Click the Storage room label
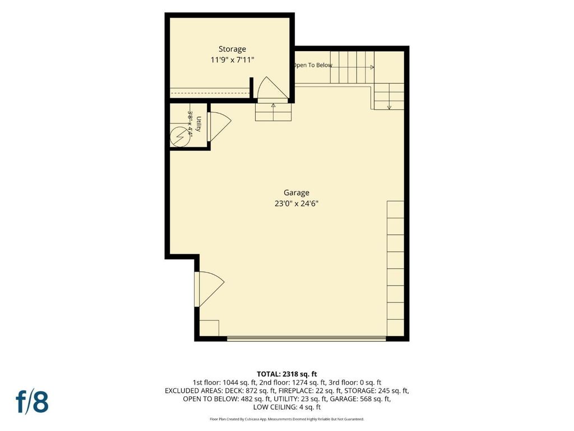click(232, 49)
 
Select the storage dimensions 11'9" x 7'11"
click(232, 59)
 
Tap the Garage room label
click(297, 192)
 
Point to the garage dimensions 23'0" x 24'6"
click(297, 203)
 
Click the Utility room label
click(198, 124)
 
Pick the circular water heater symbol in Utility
click(180, 137)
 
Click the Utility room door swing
click(220, 126)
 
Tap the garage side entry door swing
click(210, 289)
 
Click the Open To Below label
click(313, 65)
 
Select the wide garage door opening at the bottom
click(307, 339)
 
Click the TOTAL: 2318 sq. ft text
click(286, 374)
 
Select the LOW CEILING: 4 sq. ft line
click(286, 407)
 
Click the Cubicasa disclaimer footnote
click(286, 419)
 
